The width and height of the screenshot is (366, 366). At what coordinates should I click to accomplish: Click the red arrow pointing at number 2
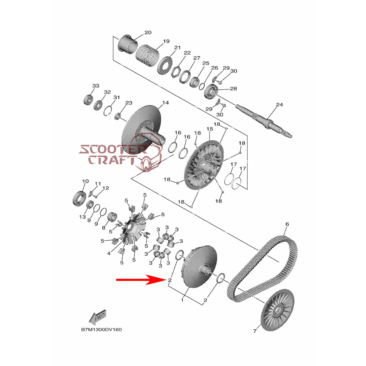click(x=141, y=280)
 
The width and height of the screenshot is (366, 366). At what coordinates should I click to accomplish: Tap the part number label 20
click(x=148, y=32)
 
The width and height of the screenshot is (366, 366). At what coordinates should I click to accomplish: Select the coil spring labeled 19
click(x=148, y=55)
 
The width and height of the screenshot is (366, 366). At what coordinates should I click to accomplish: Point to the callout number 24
click(x=279, y=105)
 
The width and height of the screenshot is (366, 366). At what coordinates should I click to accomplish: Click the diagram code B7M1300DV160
click(x=102, y=335)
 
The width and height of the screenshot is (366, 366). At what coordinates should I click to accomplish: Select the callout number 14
click(x=165, y=103)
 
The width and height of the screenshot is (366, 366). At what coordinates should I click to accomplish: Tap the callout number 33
click(x=96, y=86)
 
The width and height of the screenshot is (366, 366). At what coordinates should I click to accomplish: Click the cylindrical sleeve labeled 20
click(x=127, y=44)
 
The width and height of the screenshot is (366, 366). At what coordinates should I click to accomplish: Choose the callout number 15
click(x=210, y=129)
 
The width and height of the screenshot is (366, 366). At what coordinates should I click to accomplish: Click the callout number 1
click(x=182, y=300)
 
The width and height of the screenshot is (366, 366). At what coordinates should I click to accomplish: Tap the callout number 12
click(x=106, y=188)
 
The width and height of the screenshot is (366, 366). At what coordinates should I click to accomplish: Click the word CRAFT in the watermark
click(x=111, y=160)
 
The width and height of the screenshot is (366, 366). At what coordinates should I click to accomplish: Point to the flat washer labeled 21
click(x=165, y=66)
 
